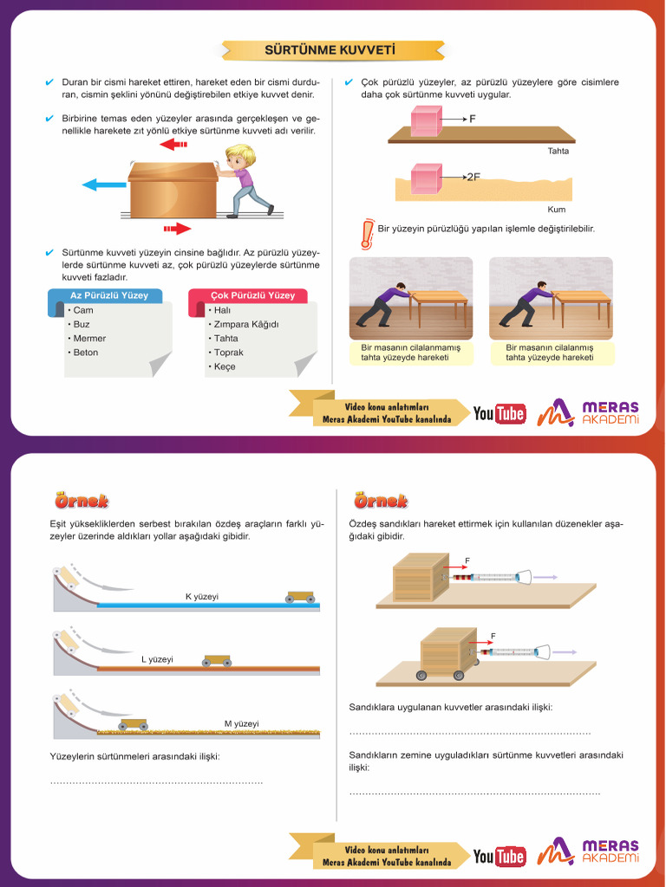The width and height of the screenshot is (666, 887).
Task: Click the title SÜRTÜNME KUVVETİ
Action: click(x=330, y=49)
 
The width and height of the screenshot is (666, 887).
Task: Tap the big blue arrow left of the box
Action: click(x=104, y=185)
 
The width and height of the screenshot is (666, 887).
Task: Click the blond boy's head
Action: click(x=241, y=157)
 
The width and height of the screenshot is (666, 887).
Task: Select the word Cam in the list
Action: click(x=82, y=310)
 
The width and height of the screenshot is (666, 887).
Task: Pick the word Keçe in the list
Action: click(x=225, y=366)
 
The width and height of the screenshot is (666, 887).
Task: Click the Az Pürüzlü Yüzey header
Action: click(x=108, y=295)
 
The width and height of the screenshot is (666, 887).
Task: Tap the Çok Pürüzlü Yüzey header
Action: click(x=252, y=295)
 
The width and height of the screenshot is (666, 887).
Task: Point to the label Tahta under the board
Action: click(x=558, y=151)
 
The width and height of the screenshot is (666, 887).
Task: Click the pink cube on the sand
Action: click(x=426, y=178)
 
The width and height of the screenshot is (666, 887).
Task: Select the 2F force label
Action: click(x=473, y=177)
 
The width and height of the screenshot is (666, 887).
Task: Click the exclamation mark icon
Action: click(x=368, y=234)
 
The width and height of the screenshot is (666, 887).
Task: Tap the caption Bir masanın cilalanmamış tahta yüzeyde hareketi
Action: click(x=410, y=353)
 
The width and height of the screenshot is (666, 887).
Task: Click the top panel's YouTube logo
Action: click(x=499, y=413)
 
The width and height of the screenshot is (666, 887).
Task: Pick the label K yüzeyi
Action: click(x=201, y=596)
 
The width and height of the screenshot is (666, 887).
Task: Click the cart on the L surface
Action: click(x=217, y=661)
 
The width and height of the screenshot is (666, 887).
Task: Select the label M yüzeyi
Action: click(x=241, y=723)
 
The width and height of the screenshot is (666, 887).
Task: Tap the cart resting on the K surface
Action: click(x=300, y=597)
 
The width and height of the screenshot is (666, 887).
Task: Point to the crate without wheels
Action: click(x=421, y=578)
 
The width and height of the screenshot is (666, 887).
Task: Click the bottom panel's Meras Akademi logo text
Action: click(x=610, y=851)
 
